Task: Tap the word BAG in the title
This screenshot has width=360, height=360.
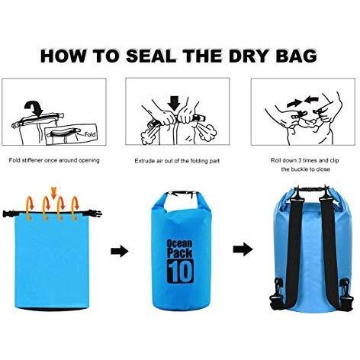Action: click(x=297, y=56)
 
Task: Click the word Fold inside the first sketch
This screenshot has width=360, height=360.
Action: click(x=90, y=134)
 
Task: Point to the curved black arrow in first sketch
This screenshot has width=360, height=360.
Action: click(x=34, y=108)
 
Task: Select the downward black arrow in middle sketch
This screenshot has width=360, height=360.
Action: click(x=174, y=103)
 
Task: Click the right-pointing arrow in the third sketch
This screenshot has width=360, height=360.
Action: click(x=294, y=103)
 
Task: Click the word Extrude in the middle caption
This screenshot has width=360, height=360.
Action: click(x=144, y=161)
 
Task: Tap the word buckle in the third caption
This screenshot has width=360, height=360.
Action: click(x=300, y=169)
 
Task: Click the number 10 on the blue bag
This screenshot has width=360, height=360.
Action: click(x=180, y=271)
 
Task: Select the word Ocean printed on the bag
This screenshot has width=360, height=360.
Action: click(x=179, y=244)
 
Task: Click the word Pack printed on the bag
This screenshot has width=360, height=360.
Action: click(x=179, y=253)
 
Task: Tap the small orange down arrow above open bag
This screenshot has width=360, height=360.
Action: click(x=53, y=193)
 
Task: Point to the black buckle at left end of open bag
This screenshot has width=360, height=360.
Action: click(x=9, y=214)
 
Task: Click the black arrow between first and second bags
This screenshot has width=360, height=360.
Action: click(x=120, y=251)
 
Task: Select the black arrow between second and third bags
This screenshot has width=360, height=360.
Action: click(x=243, y=249)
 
